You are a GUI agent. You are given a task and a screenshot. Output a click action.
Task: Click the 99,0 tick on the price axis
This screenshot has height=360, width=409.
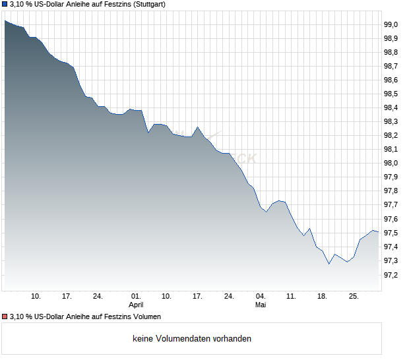391,25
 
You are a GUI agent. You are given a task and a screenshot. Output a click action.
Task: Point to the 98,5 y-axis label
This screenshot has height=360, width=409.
391,94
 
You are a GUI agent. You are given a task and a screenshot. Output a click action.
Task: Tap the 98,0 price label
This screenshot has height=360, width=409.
391,163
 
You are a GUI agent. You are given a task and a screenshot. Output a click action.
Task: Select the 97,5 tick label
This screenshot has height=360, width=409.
391,233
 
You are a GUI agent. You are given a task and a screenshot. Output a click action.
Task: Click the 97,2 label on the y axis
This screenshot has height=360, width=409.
391,275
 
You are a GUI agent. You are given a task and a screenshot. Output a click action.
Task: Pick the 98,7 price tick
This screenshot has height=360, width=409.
391,66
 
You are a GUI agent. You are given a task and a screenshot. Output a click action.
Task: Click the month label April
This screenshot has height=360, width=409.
136,305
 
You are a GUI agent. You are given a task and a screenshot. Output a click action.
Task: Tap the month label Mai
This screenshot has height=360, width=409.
261,305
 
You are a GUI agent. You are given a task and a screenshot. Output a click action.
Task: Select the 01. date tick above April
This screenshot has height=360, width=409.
136,297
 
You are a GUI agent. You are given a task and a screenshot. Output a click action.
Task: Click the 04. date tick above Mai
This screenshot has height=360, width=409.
261,297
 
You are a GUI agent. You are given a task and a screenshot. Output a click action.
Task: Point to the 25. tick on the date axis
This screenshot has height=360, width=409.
354,297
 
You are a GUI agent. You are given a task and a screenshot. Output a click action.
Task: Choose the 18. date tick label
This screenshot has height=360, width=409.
322,297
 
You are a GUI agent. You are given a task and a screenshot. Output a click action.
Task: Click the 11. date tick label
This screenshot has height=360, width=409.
291,297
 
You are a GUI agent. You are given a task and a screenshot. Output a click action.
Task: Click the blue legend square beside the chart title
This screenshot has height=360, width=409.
5,5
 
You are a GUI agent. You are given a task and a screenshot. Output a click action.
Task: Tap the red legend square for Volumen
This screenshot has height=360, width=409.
5,316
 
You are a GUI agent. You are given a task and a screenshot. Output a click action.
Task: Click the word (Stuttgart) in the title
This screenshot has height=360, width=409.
149,5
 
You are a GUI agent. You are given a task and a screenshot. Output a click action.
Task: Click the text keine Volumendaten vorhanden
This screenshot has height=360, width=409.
192,339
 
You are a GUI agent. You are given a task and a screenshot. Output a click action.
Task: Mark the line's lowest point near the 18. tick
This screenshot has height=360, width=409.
329,264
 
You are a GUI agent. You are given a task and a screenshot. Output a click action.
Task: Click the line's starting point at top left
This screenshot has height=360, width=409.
5,20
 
